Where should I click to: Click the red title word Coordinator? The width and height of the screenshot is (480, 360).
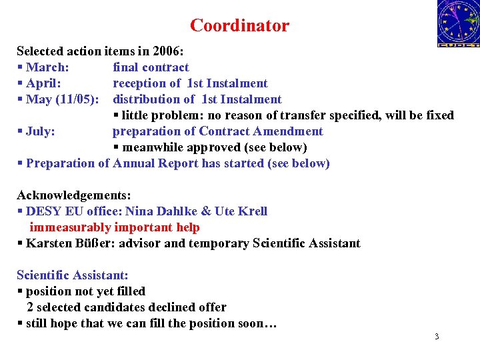pos(239,26)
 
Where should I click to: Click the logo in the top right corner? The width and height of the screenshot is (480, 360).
pos(457,23)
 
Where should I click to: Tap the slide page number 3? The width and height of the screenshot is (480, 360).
pos(437,337)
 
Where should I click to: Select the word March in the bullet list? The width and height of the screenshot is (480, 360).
pos(48,67)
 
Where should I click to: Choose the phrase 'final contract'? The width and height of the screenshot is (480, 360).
pos(151,67)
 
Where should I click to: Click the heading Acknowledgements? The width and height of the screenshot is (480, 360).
pos(74,195)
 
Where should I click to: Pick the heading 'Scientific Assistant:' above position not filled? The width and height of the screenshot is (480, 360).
pos(73,275)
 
